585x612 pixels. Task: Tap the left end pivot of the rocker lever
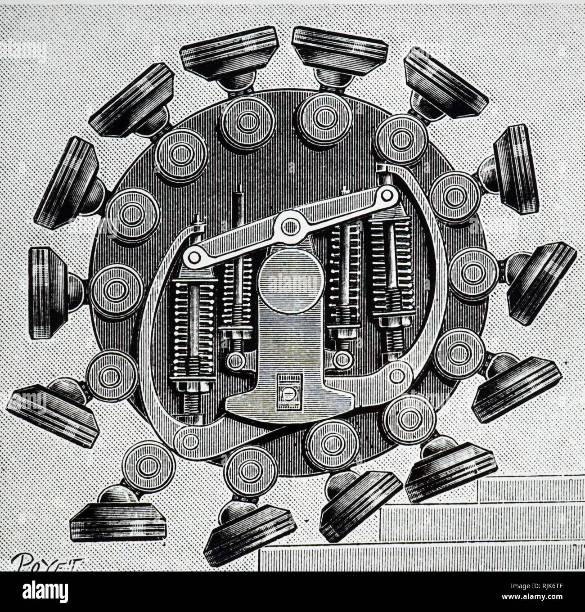[x=194, y=257]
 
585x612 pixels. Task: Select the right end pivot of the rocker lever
[x=385, y=195]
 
